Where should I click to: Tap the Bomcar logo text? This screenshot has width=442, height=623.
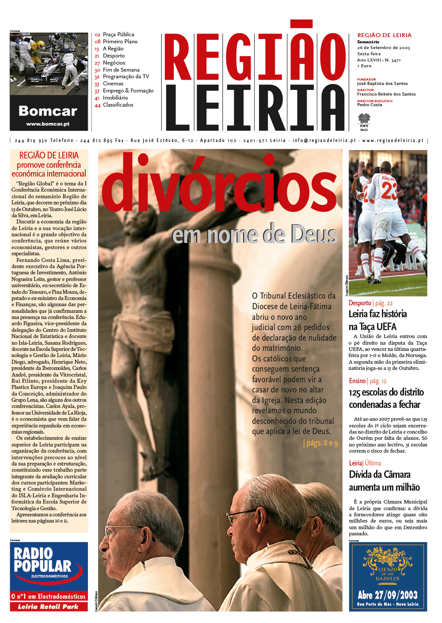coord(48,111)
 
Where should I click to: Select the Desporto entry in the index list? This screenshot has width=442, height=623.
coord(114,56)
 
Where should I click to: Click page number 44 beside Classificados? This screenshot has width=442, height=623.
coord(97,105)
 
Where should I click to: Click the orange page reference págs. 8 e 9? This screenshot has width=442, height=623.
coord(321,443)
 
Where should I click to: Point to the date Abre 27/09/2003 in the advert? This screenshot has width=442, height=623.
coord(388,595)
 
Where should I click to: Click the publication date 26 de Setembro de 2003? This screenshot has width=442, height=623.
coord(383,48)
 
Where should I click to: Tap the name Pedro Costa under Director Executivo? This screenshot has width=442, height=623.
coord(370,105)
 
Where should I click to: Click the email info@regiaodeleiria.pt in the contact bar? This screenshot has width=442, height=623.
coord(324,141)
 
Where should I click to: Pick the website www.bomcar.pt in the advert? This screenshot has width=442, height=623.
coord(48,124)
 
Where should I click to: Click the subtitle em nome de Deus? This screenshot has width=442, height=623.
coord(255,235)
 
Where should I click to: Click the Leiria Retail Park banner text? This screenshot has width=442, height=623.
coord(48,607)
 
